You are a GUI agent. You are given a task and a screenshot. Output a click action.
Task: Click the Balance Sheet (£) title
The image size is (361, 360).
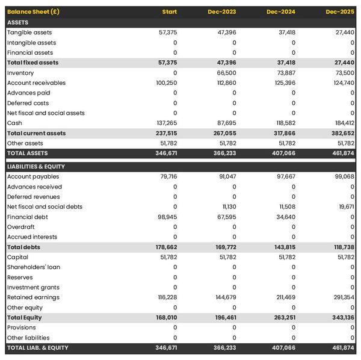pos(33,12)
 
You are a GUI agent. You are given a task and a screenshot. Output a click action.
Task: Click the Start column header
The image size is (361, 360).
pos(170,12)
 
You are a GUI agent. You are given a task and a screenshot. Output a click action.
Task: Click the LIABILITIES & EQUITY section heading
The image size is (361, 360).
pos(36,166)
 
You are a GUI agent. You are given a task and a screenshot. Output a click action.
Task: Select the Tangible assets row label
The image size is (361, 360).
pos(29,33)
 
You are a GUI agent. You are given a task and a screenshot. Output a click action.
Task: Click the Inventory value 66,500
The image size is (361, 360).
pos(227,73)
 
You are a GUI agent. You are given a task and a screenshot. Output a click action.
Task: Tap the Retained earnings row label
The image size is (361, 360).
pos(33,297)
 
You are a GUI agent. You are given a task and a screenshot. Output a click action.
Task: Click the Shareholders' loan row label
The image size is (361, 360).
pos(34,267)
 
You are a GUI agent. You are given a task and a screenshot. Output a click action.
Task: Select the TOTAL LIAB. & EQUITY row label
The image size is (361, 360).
pos(38,348)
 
